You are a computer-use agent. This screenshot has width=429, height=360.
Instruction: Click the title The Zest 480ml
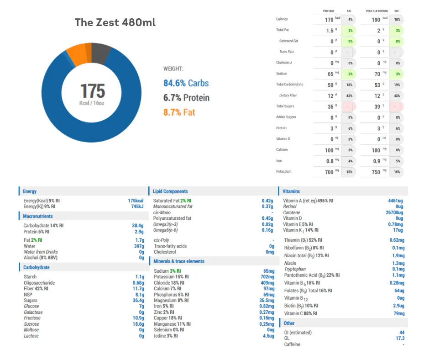[x=115, y=22]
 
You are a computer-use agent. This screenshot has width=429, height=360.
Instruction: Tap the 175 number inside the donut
[x=93, y=90]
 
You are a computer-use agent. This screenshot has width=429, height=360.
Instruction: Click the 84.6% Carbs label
[x=186, y=83]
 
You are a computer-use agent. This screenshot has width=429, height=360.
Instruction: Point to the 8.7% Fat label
[x=179, y=112]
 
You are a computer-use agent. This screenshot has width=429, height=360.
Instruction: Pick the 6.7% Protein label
[x=187, y=98]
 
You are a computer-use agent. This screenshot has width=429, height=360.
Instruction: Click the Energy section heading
[x=30, y=191]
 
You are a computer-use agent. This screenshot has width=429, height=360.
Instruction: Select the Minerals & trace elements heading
[x=179, y=261]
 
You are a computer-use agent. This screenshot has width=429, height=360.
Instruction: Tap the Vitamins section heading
[x=292, y=191]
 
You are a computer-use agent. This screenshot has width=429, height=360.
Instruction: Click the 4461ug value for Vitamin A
[x=396, y=201]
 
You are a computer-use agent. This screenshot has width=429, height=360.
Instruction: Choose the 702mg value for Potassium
[x=267, y=277]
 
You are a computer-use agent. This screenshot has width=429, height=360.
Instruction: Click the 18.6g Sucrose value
[x=136, y=324]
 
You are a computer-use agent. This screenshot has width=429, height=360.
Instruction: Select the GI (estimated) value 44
[x=402, y=333]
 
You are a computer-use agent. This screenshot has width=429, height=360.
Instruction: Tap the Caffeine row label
[x=292, y=344]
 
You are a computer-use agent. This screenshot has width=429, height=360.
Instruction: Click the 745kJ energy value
[x=137, y=206]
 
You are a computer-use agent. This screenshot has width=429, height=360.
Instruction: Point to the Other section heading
[x=289, y=323]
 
